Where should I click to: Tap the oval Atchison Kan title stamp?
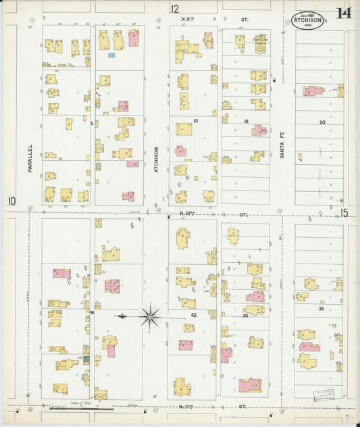coord(307,21)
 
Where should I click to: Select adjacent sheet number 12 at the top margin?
coord(175,9)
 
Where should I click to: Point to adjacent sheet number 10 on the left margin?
coord(11,201)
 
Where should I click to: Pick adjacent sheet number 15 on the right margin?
coord(344,213)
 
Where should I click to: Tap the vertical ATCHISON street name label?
coord(155,160)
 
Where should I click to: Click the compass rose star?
coord(150,316)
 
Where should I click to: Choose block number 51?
coord(196,121)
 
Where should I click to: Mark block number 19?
coord(247,121)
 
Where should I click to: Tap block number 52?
coord(193,315)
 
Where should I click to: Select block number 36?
coord(246,315)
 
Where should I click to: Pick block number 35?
coord(322,309)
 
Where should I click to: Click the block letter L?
coord(93,123)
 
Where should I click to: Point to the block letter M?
coord(93,313)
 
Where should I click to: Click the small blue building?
coord(111,55)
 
